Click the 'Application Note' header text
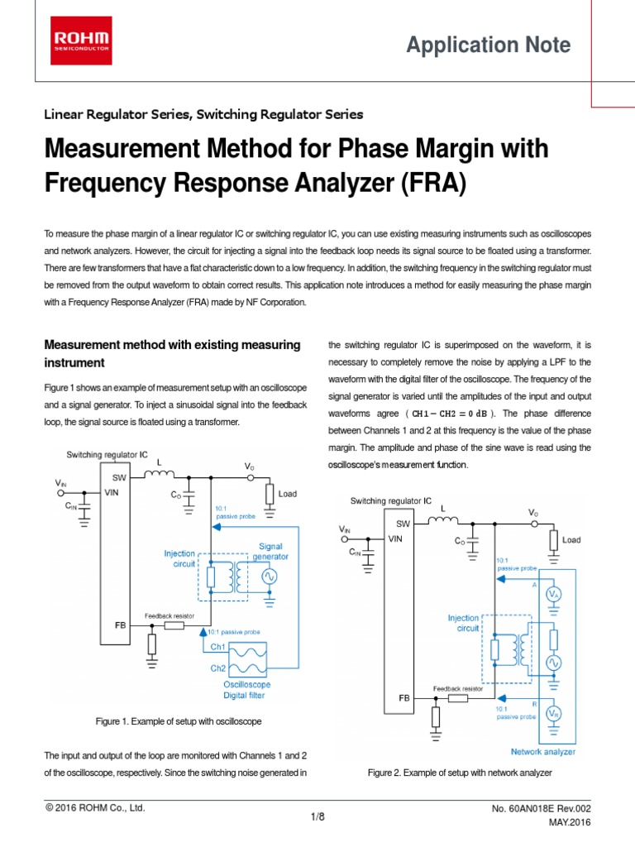pyautogui.click(x=488, y=45)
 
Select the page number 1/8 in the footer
pyautogui.click(x=317, y=817)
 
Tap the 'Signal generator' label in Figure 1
pyautogui.click(x=274, y=551)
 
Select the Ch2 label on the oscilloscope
pyautogui.click(x=217, y=668)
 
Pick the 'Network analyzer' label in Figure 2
pyautogui.click(x=543, y=752)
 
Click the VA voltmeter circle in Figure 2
pyautogui.click(x=555, y=596)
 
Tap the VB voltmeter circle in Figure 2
pyautogui.click(x=555, y=713)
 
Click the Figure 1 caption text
pyautogui.click(x=179, y=721)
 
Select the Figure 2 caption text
pyautogui.click(x=459, y=773)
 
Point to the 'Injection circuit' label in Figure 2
pyautogui.click(x=463, y=623)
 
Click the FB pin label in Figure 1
pyautogui.click(x=120, y=626)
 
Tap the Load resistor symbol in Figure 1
pyautogui.click(x=270, y=495)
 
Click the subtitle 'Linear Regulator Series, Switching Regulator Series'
pyautogui.click(x=203, y=114)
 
